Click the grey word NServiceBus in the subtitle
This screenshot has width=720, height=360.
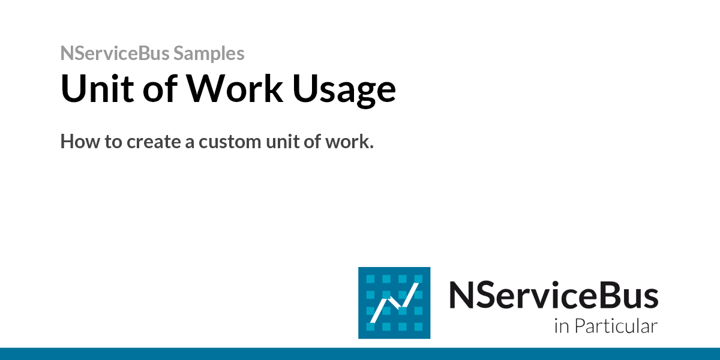(x=115, y=53)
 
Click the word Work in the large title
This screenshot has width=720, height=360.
(x=235, y=89)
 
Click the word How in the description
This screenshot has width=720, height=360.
(x=79, y=142)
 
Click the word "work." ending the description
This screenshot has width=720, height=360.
(x=350, y=142)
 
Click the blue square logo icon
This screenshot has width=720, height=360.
(x=394, y=302)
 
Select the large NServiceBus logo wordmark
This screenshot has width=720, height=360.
(x=553, y=295)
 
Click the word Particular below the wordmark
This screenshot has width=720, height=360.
(x=616, y=327)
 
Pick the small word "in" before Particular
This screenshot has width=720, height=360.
(x=560, y=327)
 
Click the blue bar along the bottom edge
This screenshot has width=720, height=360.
(x=360, y=353)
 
